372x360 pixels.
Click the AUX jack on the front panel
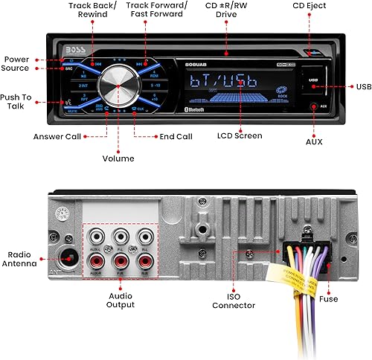(322, 106)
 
